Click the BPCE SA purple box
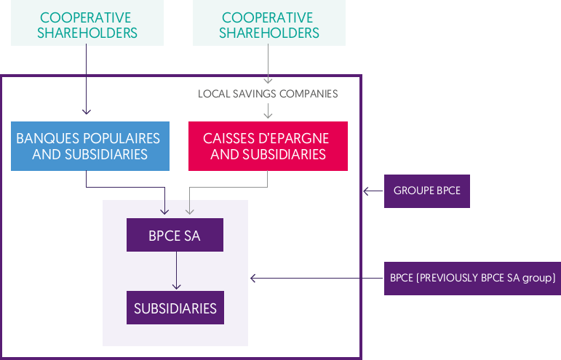pyautogui.click(x=175, y=236)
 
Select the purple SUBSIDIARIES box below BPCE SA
pyautogui.click(x=175, y=308)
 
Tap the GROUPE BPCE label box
pyautogui.click(x=426, y=191)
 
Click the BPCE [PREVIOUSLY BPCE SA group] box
pyautogui.click(x=472, y=278)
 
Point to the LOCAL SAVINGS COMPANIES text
pyautogui.click(x=268, y=94)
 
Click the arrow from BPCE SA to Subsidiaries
pyautogui.click(x=175, y=271)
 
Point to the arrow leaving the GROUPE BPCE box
pyautogui.click(x=373, y=191)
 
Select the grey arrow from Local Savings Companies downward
pyautogui.click(x=268, y=110)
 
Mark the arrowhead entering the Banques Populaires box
pyautogui.click(x=87, y=111)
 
